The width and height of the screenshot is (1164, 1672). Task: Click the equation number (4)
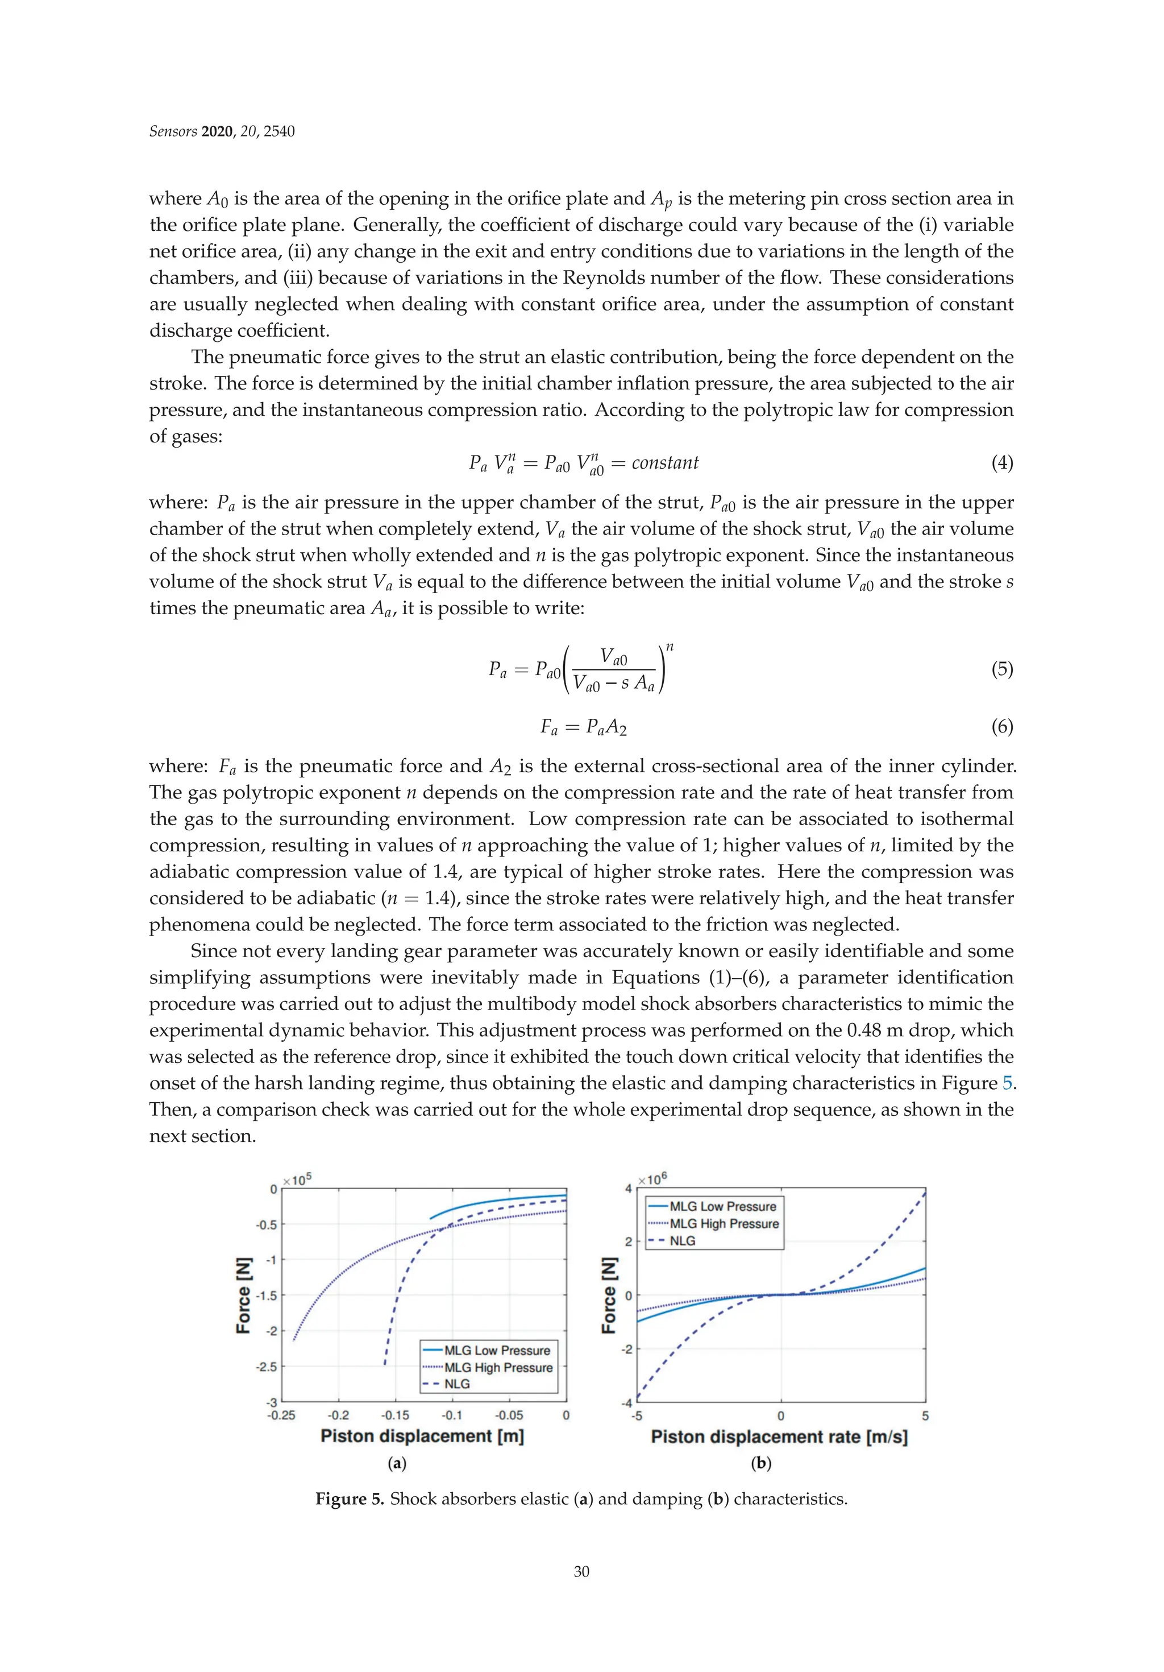pyautogui.click(x=1001, y=463)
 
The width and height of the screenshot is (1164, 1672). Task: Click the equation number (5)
pyautogui.click(x=1001, y=669)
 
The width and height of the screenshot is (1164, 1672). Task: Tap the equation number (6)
pyautogui.click(x=1001, y=727)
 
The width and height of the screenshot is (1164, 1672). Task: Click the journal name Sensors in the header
pyautogui.click(x=173, y=131)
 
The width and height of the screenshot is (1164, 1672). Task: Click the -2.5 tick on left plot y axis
pyautogui.click(x=267, y=1367)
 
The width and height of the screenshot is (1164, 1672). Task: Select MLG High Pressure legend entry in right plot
pyautogui.click(x=724, y=1223)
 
